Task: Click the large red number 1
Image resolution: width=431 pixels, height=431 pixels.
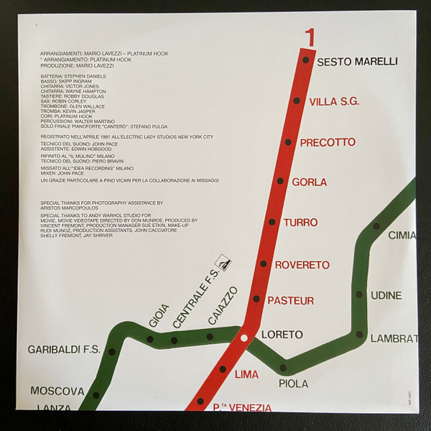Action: coord(310,37)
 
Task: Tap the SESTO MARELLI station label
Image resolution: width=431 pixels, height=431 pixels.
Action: coord(357,62)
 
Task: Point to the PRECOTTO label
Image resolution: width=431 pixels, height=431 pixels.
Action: coord(328,142)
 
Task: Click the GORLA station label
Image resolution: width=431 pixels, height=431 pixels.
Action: coord(310,182)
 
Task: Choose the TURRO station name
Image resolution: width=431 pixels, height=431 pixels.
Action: coord(301,223)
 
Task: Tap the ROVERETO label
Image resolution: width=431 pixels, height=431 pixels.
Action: coord(302,265)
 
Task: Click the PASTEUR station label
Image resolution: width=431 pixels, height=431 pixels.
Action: coord(290,300)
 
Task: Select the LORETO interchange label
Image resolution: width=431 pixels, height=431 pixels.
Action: coord(282,335)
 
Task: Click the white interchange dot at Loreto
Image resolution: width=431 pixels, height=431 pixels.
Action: coord(244,338)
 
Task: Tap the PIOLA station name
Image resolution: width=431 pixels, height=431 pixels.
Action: coord(293,384)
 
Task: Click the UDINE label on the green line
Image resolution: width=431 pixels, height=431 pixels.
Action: coord(386,295)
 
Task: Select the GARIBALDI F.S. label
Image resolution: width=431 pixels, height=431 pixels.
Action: coord(62,351)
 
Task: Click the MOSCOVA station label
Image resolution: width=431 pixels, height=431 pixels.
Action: coord(57,391)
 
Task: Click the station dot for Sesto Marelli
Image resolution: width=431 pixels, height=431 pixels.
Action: coord(306,60)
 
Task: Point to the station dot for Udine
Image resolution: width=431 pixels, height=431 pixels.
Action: coord(359,295)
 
